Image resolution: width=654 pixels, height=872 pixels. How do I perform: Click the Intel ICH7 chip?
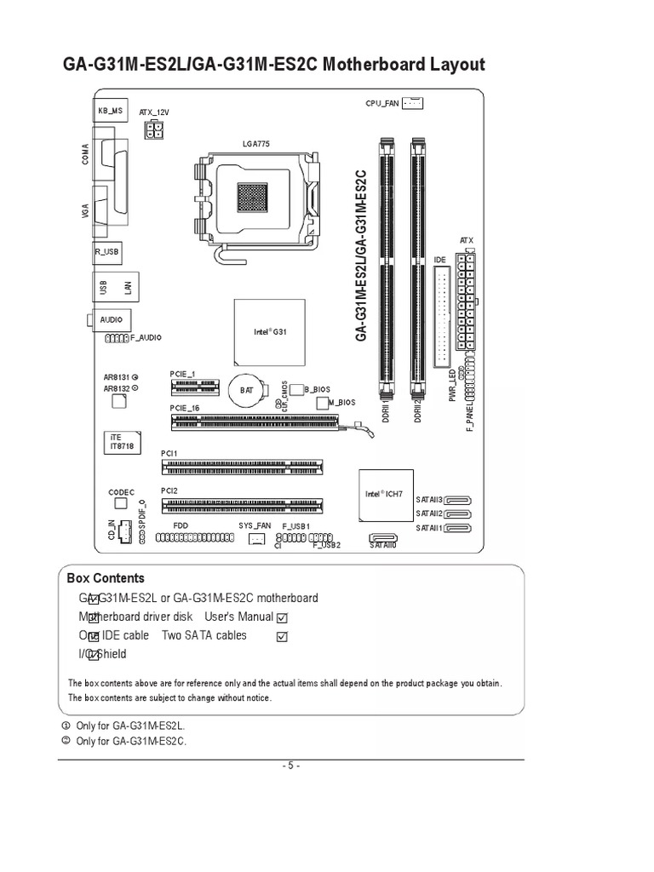[x=383, y=494]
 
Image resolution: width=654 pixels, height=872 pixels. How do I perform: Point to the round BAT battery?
[x=246, y=389]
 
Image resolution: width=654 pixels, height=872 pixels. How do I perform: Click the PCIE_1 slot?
[x=192, y=387]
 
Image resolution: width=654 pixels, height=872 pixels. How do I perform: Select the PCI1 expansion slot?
[x=243, y=466]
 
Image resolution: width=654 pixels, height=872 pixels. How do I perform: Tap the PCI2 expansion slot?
[x=243, y=507]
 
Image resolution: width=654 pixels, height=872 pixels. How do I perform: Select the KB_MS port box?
[x=110, y=109]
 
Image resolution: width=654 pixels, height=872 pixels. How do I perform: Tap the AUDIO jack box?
[x=111, y=319]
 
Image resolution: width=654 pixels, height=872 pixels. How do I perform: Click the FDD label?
[x=180, y=526]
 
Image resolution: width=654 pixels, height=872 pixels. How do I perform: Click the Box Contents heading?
[x=106, y=578]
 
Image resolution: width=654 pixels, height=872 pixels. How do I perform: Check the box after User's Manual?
[x=283, y=617]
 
